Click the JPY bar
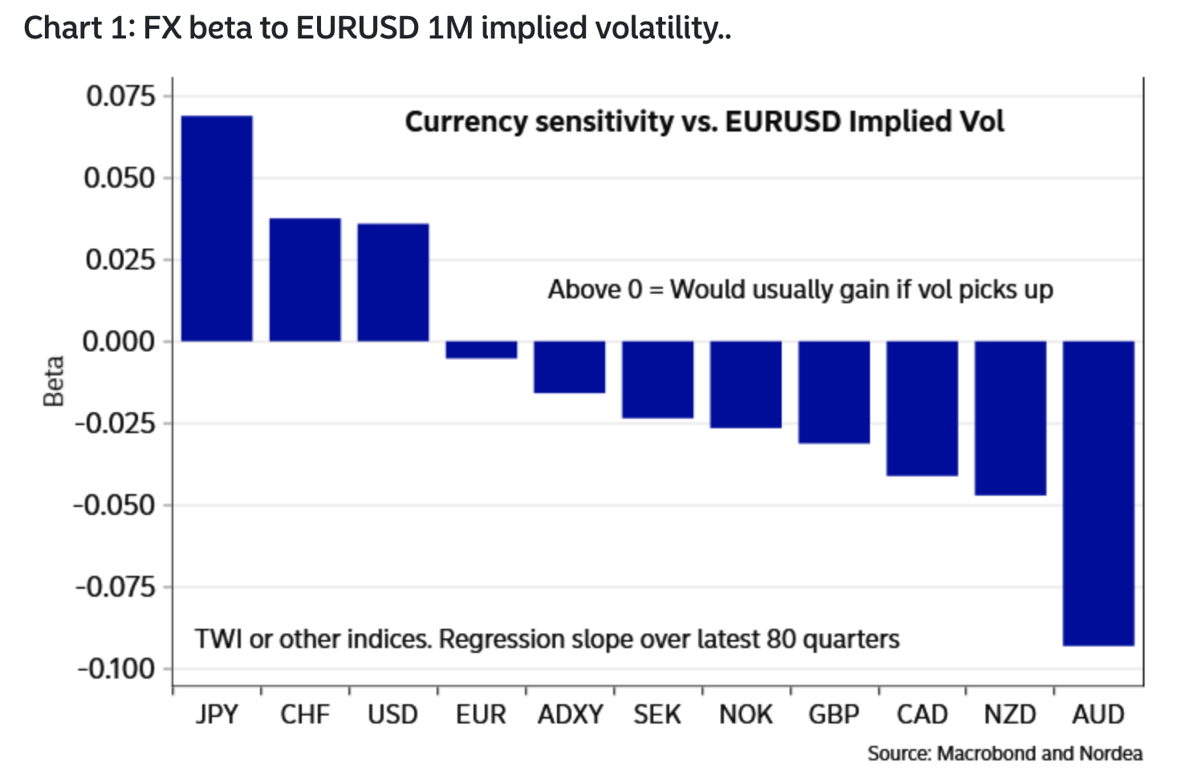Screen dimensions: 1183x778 tap(217, 229)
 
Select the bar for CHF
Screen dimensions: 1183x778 tap(305, 280)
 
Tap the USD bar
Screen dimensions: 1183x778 tap(393, 282)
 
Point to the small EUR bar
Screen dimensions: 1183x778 tap(482, 350)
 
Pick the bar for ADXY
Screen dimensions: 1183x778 tap(570, 367)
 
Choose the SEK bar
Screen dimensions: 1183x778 tap(658, 380)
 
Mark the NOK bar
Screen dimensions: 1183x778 tap(746, 385)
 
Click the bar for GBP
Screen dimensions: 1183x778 tap(835, 392)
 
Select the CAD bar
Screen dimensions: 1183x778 tap(923, 408)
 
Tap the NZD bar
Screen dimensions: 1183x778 tap(1010, 418)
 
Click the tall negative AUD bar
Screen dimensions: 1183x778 tap(1099, 493)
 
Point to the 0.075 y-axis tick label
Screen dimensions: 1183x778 tap(121, 96)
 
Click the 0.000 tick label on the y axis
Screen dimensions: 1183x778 tap(120, 342)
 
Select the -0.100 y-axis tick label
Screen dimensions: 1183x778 tap(116, 669)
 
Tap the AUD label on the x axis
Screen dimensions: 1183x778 tap(1099, 715)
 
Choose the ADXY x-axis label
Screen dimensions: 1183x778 tap(571, 715)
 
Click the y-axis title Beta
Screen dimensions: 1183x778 tap(53, 381)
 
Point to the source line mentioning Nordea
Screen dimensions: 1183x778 tap(1005, 753)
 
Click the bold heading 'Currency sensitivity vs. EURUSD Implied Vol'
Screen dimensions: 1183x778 tap(705, 122)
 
